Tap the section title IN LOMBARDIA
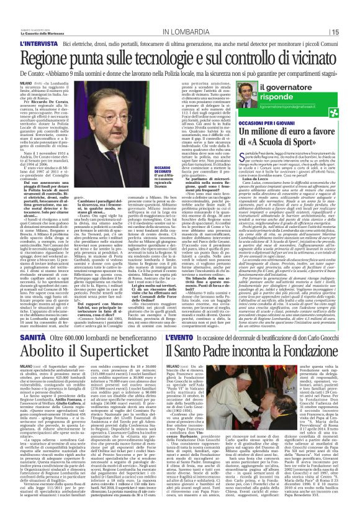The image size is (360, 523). tap(180, 32)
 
